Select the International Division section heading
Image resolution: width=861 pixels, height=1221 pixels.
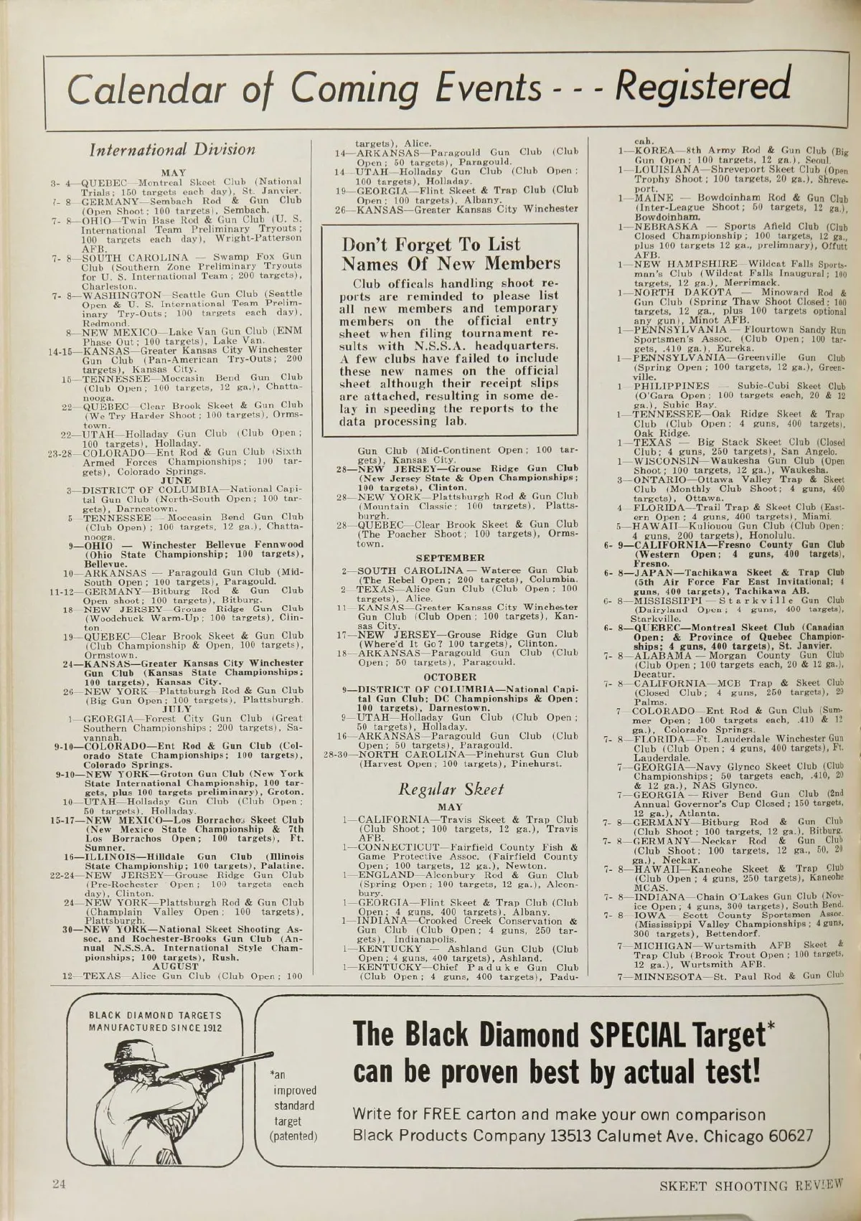[171, 150]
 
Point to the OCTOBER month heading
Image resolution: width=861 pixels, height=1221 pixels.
[450, 676]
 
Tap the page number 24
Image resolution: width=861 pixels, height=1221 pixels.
[59, 1184]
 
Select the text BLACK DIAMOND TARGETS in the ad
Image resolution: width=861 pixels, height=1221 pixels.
[155, 1015]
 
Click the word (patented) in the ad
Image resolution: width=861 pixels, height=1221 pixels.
[293, 1136]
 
